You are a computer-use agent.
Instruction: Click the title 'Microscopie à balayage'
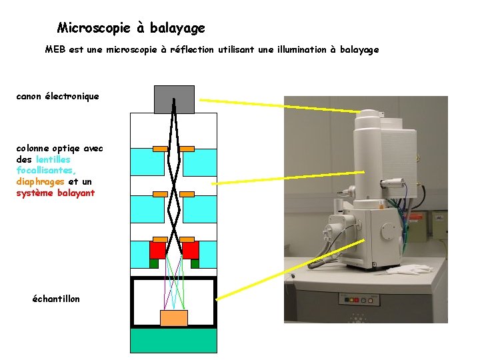click(131, 28)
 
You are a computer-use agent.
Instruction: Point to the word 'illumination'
click(299, 50)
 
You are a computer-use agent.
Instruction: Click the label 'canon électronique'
click(57, 97)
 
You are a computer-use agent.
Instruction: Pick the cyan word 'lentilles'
click(53, 160)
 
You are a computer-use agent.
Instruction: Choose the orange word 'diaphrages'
click(40, 181)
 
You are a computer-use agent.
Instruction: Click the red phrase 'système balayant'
click(55, 193)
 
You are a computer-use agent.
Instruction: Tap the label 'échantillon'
click(56, 299)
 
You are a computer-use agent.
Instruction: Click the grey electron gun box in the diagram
click(174, 99)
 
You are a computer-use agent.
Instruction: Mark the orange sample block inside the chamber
click(174, 318)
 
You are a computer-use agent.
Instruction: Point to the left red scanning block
click(157, 250)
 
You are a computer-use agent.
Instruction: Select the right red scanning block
click(191, 250)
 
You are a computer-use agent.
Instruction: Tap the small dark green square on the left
click(154, 263)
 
